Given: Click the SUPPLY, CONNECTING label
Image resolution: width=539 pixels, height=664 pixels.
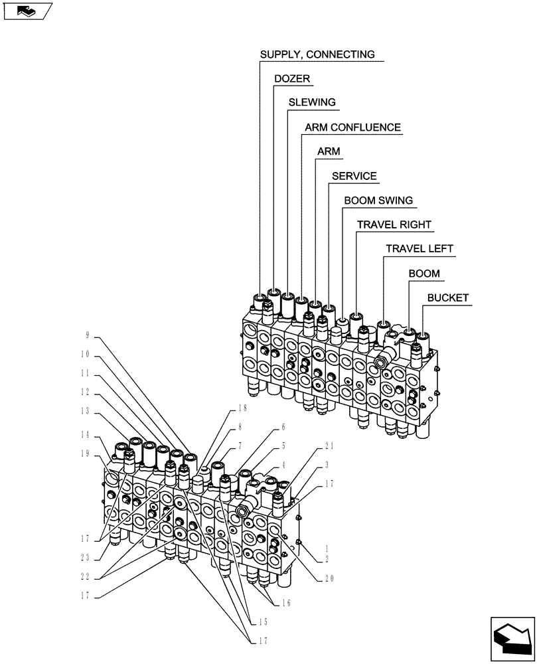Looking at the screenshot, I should coord(317,54).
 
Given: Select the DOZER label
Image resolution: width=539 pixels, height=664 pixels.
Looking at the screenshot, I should coord(292,78).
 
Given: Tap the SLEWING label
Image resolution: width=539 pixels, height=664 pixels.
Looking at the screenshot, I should coord(312,102).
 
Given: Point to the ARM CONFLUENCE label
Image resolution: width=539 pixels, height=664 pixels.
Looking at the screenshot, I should coord(352,127).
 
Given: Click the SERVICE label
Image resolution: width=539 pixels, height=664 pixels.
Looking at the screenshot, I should coord(354,176).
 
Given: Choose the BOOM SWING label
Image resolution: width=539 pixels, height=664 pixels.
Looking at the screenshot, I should coord(378,200).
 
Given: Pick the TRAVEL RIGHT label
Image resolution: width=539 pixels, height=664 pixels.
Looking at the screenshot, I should coord(394,224).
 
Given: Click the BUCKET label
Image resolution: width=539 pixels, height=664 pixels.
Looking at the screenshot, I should coord(448,297).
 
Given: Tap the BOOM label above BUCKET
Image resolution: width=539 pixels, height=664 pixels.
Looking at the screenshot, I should coord(424,273).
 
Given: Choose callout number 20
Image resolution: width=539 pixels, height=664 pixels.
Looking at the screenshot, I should coord(329,578).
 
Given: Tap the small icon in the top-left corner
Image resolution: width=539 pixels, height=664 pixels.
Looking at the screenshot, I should coord(27,11).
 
